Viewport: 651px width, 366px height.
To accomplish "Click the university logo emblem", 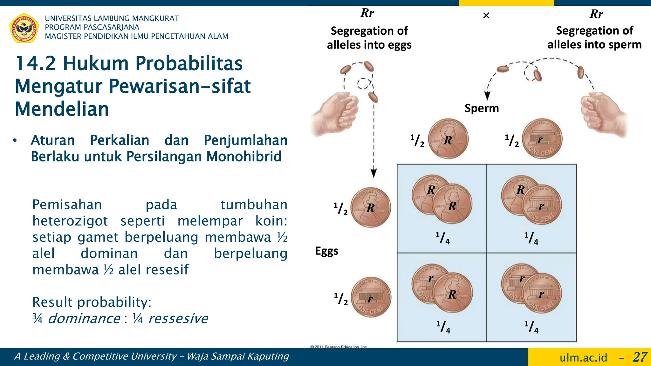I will click(x=24, y=28).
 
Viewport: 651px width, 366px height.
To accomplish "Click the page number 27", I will click(x=640, y=357).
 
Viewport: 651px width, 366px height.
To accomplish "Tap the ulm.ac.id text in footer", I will click(x=583, y=358).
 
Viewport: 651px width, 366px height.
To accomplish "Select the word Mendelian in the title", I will click(x=62, y=109).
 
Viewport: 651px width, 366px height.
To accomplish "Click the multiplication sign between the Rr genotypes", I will click(x=486, y=16).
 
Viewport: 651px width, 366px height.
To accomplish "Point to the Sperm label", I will click(x=482, y=108).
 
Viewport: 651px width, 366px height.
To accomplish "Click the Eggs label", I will click(x=326, y=251).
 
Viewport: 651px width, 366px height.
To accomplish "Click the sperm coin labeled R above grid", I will click(x=448, y=139).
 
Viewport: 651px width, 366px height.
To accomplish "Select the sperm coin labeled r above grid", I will click(x=542, y=139).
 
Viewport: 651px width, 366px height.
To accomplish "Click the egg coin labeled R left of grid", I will click(x=371, y=207).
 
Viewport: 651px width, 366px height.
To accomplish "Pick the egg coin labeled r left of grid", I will click(x=371, y=297).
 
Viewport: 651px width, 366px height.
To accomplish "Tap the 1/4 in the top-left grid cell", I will click(x=442, y=238).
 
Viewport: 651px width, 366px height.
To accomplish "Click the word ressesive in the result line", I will click(x=178, y=318).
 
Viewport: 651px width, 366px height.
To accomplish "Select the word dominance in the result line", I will click(x=84, y=318).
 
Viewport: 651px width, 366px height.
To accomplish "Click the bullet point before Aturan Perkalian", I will click(x=15, y=140).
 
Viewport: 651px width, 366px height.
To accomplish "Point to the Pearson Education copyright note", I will click(x=339, y=347).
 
